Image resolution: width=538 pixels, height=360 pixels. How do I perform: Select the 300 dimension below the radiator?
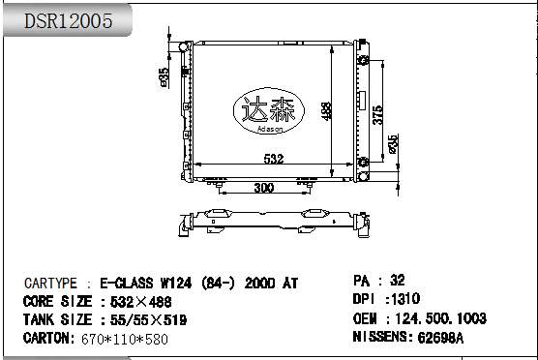263,188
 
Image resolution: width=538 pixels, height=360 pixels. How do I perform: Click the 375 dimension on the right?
378,114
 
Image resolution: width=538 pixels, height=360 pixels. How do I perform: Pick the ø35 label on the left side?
164,76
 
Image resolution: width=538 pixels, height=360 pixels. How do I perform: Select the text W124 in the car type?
177,284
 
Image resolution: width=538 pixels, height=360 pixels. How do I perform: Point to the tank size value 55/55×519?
144,319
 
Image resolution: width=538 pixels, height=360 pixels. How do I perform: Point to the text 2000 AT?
273,284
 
